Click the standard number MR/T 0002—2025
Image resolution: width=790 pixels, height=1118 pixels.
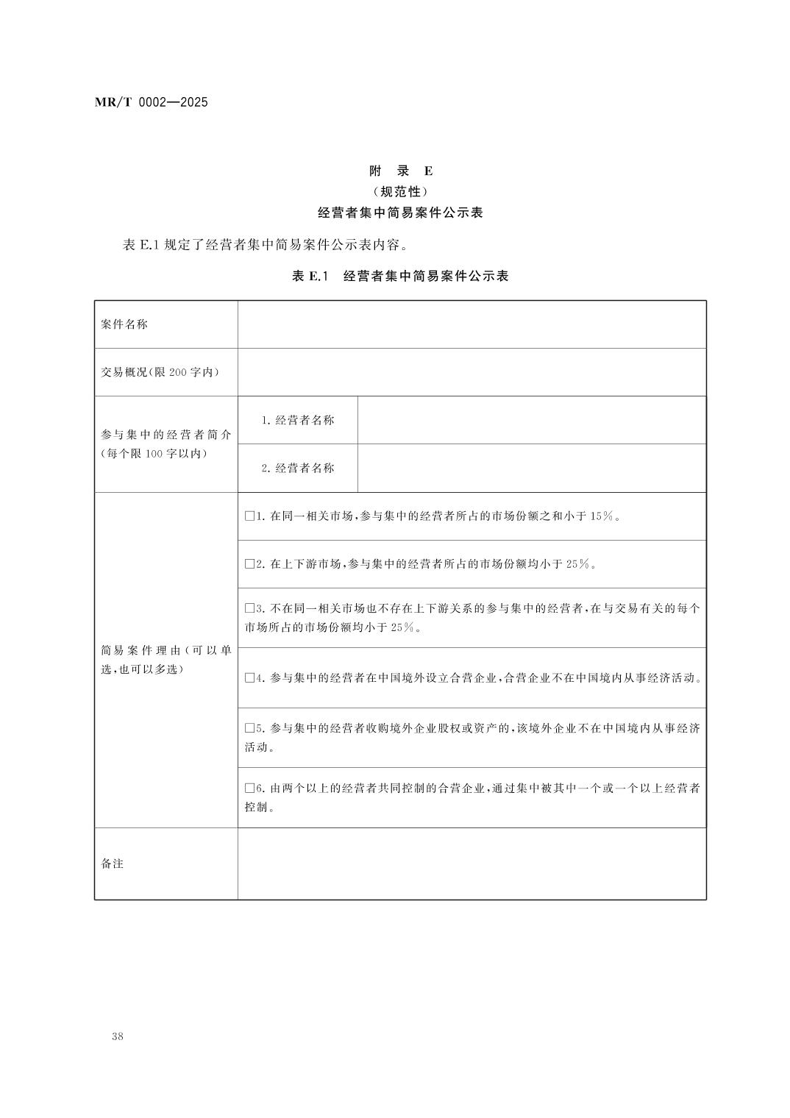pyautogui.click(x=152, y=102)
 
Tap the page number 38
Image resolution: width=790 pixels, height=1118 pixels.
pyautogui.click(x=118, y=1036)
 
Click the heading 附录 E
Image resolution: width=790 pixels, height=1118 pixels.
pyautogui.click(x=400, y=171)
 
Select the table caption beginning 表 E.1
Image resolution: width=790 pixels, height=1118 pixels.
pyautogui.click(x=400, y=277)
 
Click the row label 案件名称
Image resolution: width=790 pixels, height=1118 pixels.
pyautogui.click(x=124, y=324)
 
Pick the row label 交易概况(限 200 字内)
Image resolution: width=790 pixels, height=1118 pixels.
pyautogui.click(x=160, y=372)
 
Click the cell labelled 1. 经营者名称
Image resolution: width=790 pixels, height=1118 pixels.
pyautogui.click(x=298, y=420)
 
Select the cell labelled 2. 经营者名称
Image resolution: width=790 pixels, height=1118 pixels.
pyautogui.click(x=298, y=468)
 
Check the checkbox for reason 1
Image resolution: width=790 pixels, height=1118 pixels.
pyautogui.click(x=249, y=516)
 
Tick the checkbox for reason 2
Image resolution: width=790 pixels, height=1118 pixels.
pyautogui.click(x=249, y=564)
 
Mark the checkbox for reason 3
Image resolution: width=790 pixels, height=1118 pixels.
pyautogui.click(x=249, y=609)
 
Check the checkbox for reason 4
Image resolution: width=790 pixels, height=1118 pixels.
pyautogui.click(x=249, y=677)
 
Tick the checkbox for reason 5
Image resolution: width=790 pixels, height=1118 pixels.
pyautogui.click(x=249, y=728)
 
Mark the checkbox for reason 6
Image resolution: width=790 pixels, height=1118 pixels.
pyautogui.click(x=249, y=788)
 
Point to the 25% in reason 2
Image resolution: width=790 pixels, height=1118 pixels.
pyautogui.click(x=577, y=564)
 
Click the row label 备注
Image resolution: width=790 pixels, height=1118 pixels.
pyautogui.click(x=113, y=864)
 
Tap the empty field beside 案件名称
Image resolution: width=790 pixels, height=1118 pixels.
pyautogui.click(x=471, y=324)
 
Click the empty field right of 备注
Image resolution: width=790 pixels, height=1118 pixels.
pyautogui.click(x=471, y=864)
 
